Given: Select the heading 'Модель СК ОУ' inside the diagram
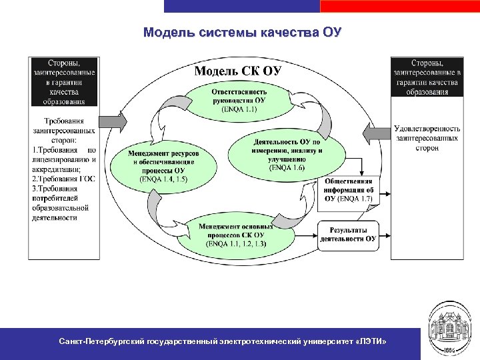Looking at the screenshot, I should (238, 71).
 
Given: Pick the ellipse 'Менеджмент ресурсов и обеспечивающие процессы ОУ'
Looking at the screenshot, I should (164, 163).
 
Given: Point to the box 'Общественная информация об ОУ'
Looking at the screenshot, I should (351, 189).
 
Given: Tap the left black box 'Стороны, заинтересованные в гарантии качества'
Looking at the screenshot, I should (64, 82).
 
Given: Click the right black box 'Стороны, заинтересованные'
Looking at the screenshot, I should (426, 77).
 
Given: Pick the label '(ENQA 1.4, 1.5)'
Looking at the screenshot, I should (164, 179).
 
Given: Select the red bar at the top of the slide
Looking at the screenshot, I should (399, 6).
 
